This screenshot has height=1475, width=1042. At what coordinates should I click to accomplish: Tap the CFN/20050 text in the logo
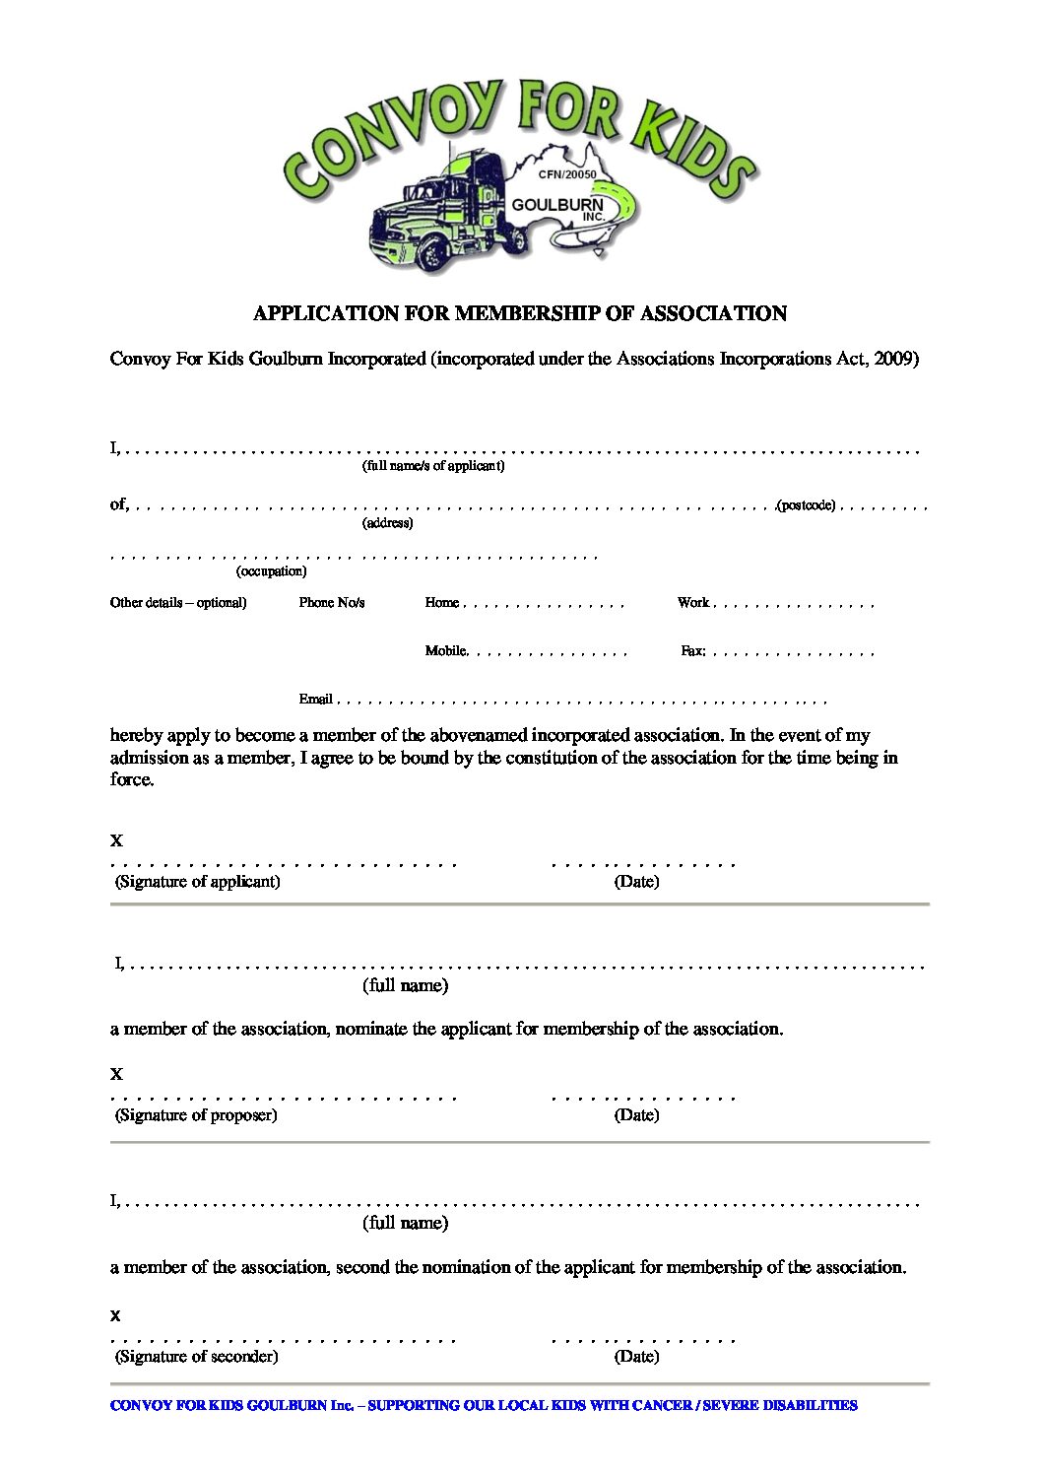coord(567,173)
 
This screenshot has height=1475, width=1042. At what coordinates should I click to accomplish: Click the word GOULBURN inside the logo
coord(570,204)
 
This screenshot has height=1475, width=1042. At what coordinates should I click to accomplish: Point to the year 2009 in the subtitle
coord(893,359)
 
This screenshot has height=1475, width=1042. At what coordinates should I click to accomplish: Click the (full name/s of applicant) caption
coord(433,466)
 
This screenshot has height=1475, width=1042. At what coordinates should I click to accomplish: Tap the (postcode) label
coord(806,505)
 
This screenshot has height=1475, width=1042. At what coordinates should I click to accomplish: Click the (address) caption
coord(387,523)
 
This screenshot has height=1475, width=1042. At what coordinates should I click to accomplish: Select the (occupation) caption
coord(271,571)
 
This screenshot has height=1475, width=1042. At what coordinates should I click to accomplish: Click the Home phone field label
coord(442,602)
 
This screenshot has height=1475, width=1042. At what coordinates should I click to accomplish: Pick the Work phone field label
coord(693,602)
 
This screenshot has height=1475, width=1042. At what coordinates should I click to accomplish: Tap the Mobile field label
coord(446,650)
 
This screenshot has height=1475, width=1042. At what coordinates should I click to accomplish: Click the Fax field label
coord(692,650)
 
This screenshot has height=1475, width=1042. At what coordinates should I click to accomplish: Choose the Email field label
coord(315,699)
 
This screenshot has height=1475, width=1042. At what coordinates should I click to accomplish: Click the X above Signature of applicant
coord(116,841)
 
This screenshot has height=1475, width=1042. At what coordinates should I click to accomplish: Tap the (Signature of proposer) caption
coord(196,1115)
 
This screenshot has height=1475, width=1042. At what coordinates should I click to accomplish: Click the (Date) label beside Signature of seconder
coord(636,1357)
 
